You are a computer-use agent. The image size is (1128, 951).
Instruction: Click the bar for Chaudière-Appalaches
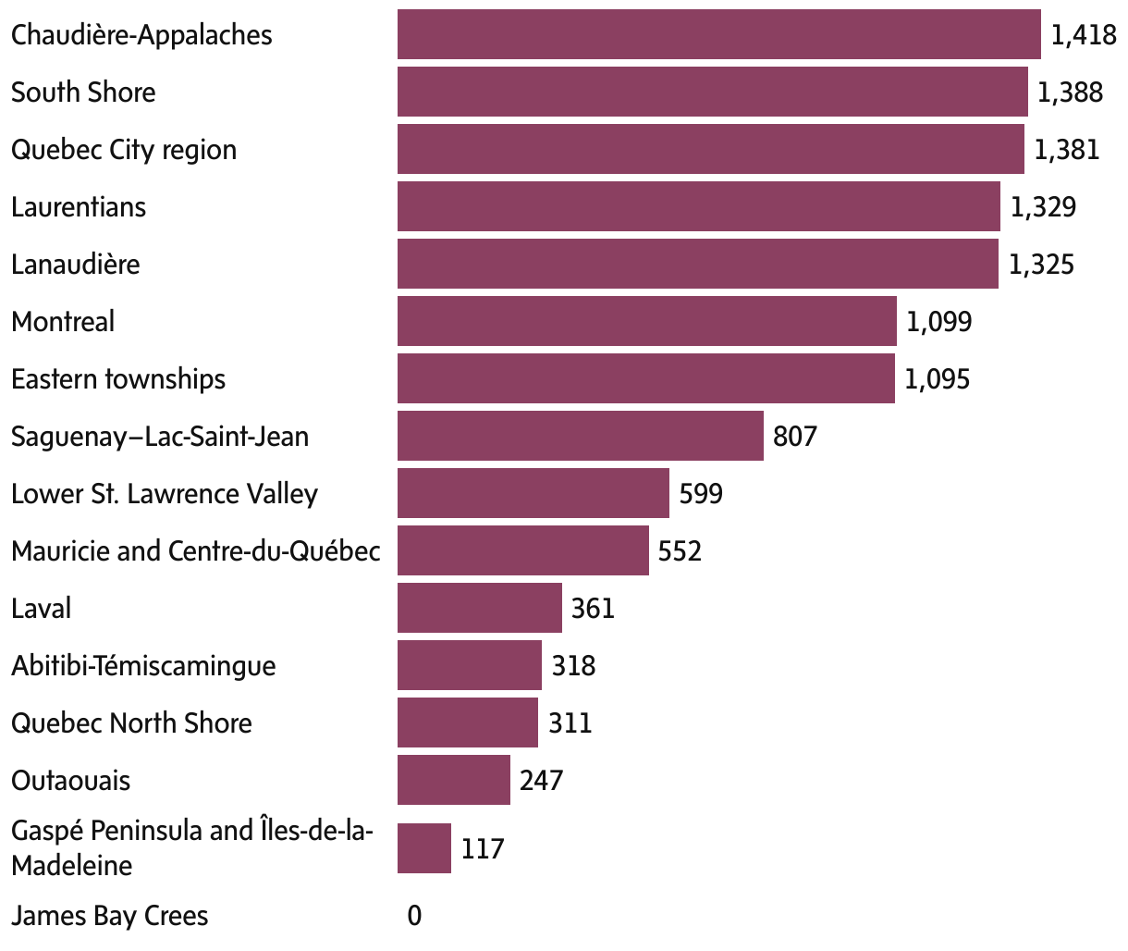[718, 34]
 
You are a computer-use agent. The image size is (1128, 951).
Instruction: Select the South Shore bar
[712, 92]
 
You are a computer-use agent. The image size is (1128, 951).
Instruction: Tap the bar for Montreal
[646, 321]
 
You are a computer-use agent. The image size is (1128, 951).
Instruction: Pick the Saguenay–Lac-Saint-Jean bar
[580, 436]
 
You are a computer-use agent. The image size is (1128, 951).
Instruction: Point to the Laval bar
[479, 608]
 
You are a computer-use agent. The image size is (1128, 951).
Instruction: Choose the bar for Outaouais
[453, 780]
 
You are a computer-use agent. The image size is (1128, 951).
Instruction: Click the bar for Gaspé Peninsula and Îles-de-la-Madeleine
[423, 848]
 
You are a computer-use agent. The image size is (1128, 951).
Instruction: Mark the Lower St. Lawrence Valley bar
[533, 493]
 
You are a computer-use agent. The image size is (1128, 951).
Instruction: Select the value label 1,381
[1067, 150]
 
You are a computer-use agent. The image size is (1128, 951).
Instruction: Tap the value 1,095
[938, 379]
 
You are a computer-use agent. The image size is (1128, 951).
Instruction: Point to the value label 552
[680, 551]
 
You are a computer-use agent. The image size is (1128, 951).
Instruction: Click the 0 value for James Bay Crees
[414, 916]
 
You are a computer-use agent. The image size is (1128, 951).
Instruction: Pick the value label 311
[570, 723]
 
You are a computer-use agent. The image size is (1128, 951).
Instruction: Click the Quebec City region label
[124, 150]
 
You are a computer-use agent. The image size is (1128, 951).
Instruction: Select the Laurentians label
[79, 206]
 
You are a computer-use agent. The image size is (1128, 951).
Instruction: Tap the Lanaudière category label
[76, 265]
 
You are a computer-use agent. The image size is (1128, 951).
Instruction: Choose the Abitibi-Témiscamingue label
[143, 665]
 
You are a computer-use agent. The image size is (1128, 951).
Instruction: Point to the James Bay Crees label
[110, 916]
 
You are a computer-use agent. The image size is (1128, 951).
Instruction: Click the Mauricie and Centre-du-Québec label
[196, 551]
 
